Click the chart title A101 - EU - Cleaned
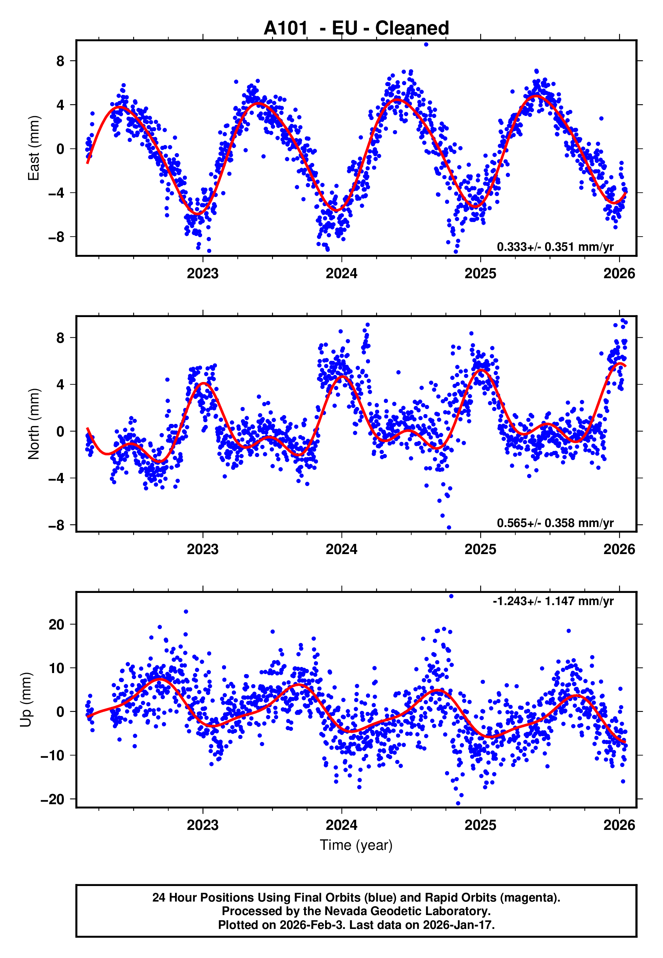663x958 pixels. point(356,28)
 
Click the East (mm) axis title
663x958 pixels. point(33,148)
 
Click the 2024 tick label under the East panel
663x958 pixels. point(342,273)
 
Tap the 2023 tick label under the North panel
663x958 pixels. point(203,549)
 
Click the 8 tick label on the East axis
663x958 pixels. point(60,61)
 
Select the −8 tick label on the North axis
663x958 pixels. point(56,526)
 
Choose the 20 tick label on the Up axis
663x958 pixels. point(56,624)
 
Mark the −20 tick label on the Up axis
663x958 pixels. point(52,799)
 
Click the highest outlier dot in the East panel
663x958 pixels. point(426,44)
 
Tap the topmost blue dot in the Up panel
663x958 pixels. point(451,596)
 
